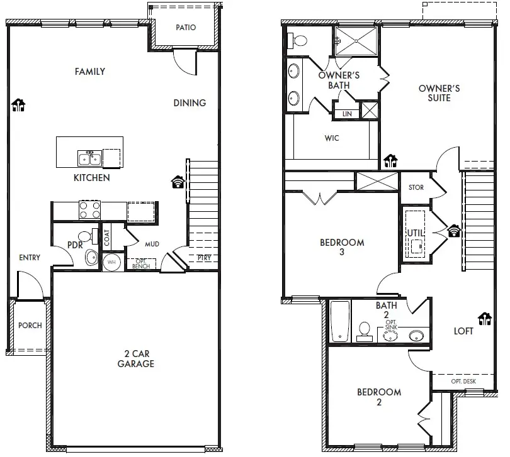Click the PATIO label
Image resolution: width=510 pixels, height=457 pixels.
(186, 28)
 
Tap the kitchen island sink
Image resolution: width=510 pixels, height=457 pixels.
(88, 157)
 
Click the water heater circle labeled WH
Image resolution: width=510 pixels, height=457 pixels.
(111, 262)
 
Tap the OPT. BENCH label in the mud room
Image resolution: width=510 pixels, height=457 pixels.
(140, 264)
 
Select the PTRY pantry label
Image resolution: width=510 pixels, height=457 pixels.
(204, 258)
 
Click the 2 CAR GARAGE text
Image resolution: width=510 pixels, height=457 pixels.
(136, 359)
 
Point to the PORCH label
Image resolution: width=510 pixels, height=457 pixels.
(30, 325)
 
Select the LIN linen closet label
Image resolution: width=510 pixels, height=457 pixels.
(347, 114)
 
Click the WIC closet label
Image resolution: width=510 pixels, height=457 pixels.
(332, 138)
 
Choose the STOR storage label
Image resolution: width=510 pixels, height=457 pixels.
(416, 187)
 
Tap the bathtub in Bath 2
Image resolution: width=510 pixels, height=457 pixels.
(340, 321)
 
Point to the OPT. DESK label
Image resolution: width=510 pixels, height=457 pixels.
(463, 382)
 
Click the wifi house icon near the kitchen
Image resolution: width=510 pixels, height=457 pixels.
(178, 182)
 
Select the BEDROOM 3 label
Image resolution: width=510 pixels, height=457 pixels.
(342, 247)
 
